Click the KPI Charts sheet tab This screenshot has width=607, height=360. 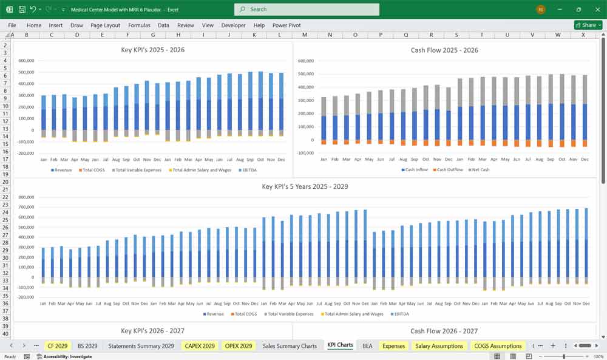tap(340, 345)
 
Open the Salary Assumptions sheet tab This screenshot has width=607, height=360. tap(439, 346)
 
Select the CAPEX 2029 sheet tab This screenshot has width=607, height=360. tap(200, 346)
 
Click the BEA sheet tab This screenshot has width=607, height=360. tap(367, 346)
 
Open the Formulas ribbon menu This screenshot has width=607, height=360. tap(139, 25)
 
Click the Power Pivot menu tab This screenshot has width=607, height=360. tap(287, 25)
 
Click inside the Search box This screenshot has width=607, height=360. tap(307, 9)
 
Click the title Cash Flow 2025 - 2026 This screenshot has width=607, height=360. tap(444, 50)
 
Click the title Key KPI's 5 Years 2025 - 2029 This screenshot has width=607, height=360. tap(305, 186)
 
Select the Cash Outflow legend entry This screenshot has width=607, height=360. tap(449, 170)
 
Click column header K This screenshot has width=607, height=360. tap(254, 35)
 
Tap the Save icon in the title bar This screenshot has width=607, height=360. tap(22, 10)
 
